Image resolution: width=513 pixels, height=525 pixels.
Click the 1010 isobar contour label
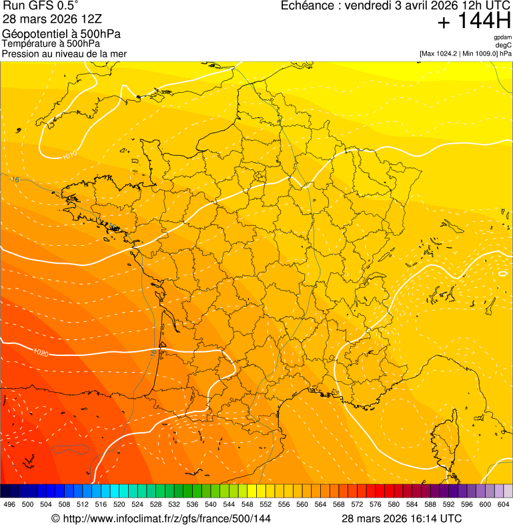[70, 154]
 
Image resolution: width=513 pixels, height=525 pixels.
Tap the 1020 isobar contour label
[41, 352]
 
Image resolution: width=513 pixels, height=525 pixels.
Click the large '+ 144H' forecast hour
[474, 22]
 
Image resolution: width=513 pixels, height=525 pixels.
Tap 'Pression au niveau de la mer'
[64, 53]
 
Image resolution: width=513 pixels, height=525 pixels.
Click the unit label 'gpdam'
[502, 37]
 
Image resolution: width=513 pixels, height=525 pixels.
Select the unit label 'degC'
[504, 45]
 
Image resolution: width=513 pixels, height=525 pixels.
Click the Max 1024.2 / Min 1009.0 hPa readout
[466, 53]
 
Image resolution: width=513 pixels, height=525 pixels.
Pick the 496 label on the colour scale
[9, 504]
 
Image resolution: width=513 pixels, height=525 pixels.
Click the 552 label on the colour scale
[266, 504]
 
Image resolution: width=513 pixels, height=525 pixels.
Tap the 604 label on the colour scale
[504, 504]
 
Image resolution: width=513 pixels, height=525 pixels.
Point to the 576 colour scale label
[376, 504]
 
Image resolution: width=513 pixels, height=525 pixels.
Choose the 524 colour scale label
[137, 504]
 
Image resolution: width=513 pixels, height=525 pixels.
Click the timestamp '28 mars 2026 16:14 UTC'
[402, 518]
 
